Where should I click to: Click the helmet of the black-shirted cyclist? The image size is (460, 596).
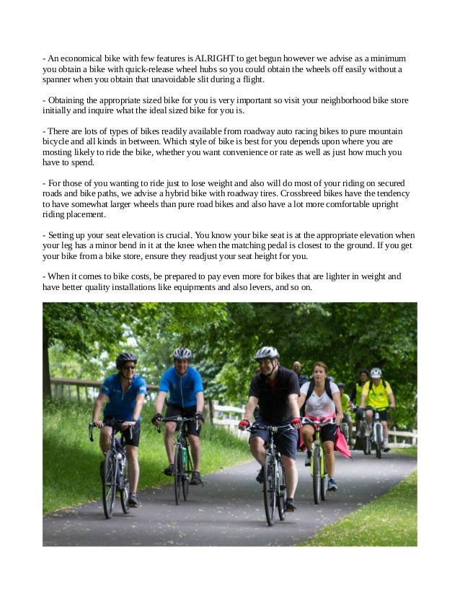(267, 353)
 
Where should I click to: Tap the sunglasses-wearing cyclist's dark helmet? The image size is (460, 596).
(125, 359)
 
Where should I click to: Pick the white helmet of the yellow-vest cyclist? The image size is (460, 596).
(376, 373)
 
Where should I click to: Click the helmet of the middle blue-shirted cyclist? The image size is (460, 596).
(183, 354)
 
